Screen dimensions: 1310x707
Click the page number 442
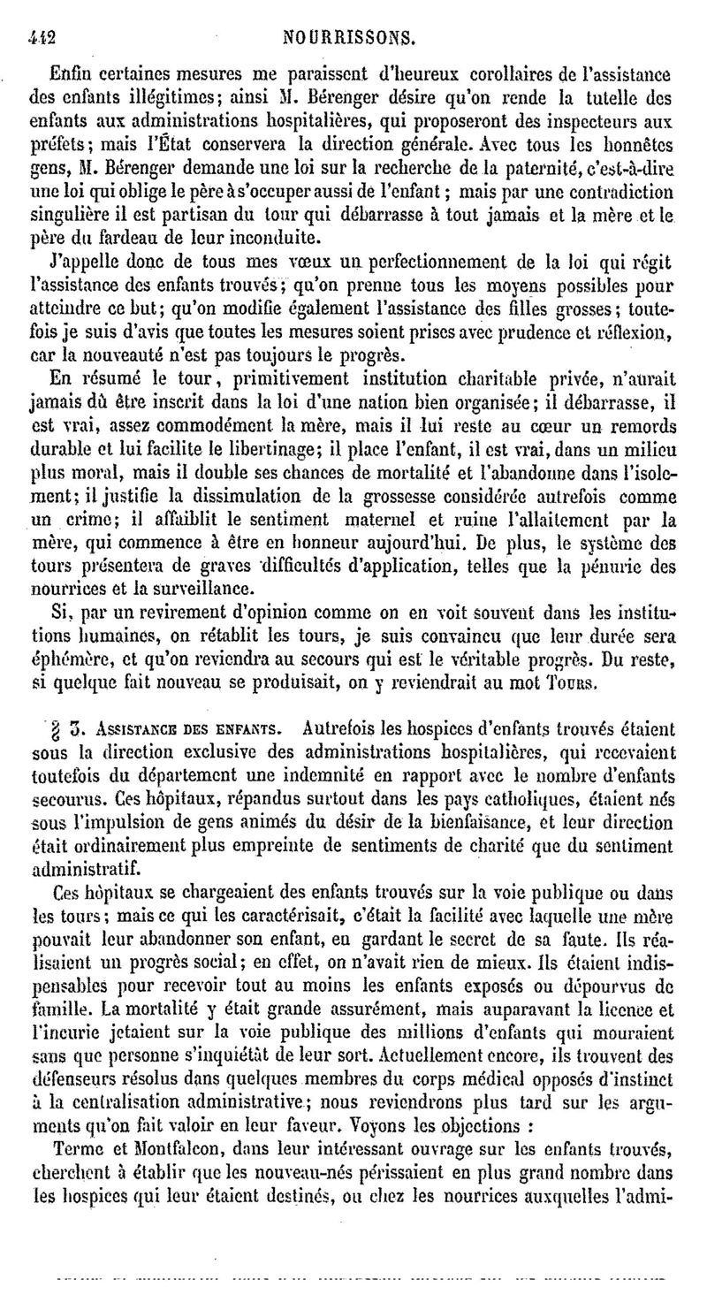pyautogui.click(x=42, y=38)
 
